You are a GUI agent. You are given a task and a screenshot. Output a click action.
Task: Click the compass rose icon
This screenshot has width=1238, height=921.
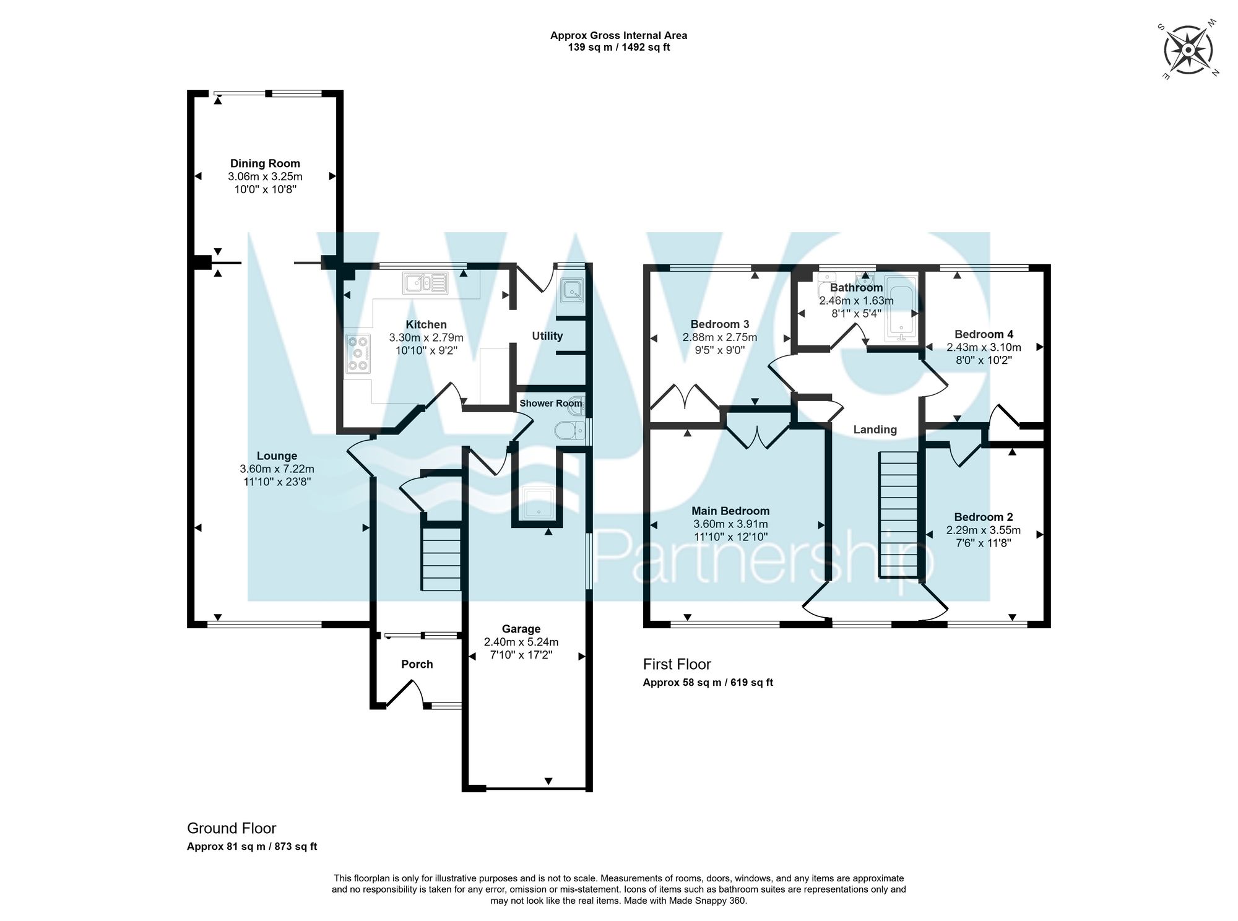[x=1188, y=50]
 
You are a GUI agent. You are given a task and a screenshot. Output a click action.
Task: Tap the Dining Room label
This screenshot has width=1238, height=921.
[x=265, y=163]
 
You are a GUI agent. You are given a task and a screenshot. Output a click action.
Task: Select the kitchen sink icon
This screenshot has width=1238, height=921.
[x=425, y=283]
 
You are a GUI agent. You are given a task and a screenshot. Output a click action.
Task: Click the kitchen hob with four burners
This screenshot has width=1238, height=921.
[x=358, y=353]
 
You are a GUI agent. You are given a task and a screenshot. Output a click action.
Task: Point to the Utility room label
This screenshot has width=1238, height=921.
[x=547, y=335]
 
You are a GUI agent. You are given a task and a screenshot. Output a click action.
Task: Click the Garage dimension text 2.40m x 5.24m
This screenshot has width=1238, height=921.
[x=521, y=641]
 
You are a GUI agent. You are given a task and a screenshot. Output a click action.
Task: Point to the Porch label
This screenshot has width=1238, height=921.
[x=417, y=664]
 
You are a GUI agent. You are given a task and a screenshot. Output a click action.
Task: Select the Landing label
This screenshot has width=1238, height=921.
[x=875, y=430]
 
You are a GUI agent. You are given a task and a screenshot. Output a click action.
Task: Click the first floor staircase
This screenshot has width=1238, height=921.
[x=898, y=514]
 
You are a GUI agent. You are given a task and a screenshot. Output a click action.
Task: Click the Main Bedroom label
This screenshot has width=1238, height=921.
[x=730, y=511]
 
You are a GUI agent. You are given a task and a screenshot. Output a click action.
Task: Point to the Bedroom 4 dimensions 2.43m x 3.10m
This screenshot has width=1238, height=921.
[x=984, y=347]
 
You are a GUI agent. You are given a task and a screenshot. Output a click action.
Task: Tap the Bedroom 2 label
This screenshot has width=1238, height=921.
[x=983, y=517]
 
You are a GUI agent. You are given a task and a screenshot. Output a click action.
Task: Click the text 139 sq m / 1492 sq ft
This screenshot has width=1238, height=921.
[x=619, y=47]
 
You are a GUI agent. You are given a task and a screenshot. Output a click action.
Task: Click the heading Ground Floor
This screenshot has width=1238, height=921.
[x=232, y=828]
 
